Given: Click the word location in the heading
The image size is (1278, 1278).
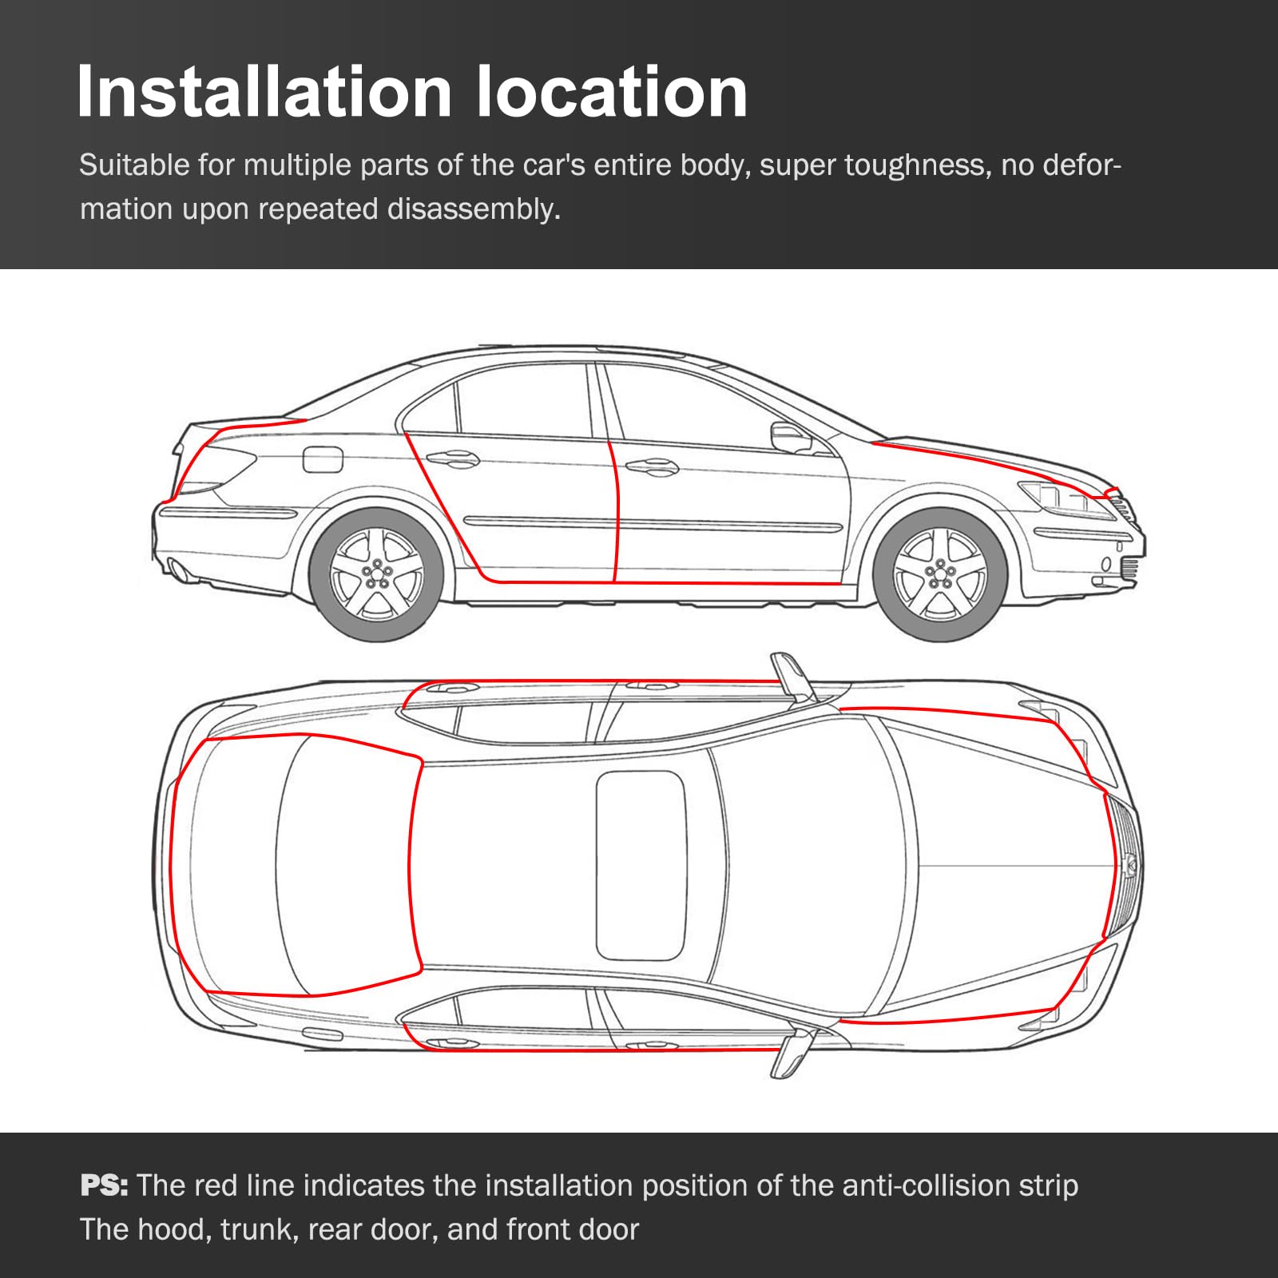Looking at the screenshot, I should (x=612, y=93).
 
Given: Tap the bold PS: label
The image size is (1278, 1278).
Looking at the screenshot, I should (x=104, y=1185).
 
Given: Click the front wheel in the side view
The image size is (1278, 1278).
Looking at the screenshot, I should (x=939, y=573).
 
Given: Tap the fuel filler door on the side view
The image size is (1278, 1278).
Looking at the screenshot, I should (x=323, y=459).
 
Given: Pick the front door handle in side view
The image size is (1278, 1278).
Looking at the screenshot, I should (x=651, y=466).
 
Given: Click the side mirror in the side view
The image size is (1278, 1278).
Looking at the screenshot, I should (x=789, y=437).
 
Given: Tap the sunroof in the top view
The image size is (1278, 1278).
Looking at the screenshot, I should (x=641, y=865).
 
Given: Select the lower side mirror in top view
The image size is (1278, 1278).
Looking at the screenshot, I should (x=791, y=1054).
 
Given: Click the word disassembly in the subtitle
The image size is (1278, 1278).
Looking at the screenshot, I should (x=474, y=209).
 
